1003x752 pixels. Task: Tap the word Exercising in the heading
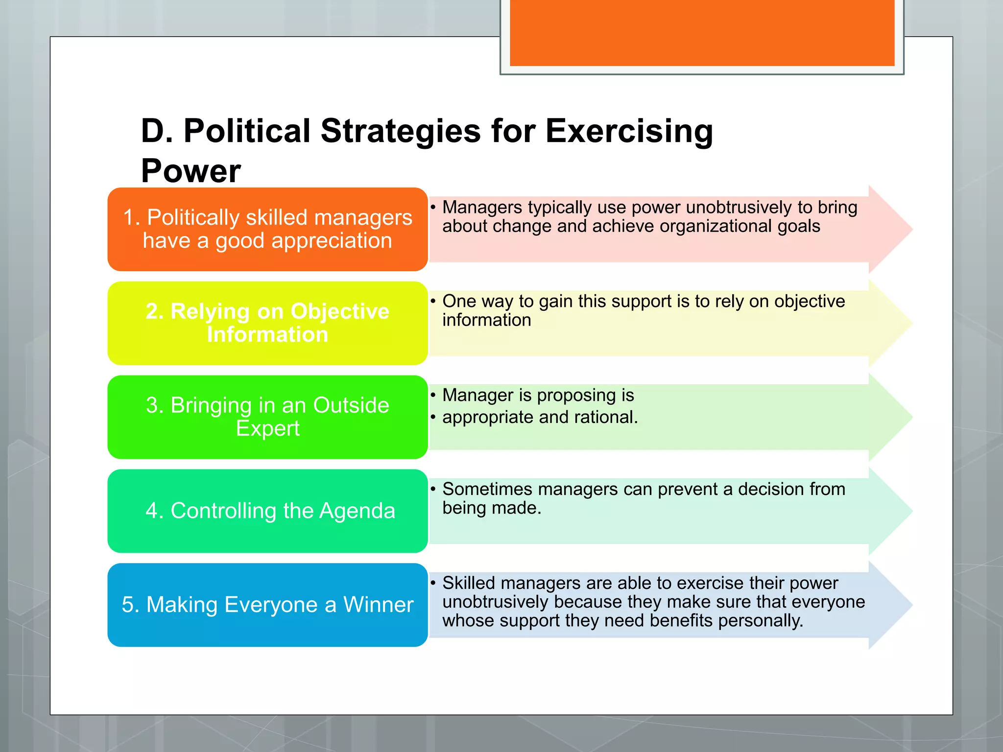coord(629,131)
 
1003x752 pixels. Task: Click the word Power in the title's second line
coord(191,171)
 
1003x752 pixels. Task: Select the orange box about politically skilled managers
coord(267,229)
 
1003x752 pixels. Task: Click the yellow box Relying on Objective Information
coord(267,323)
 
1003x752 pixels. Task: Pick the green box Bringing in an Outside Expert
coord(267,417)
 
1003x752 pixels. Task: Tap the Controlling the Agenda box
coord(267,511)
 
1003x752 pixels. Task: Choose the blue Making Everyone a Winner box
coord(267,605)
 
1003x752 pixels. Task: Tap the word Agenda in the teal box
coord(357,511)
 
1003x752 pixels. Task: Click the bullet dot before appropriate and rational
coord(433,417)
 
